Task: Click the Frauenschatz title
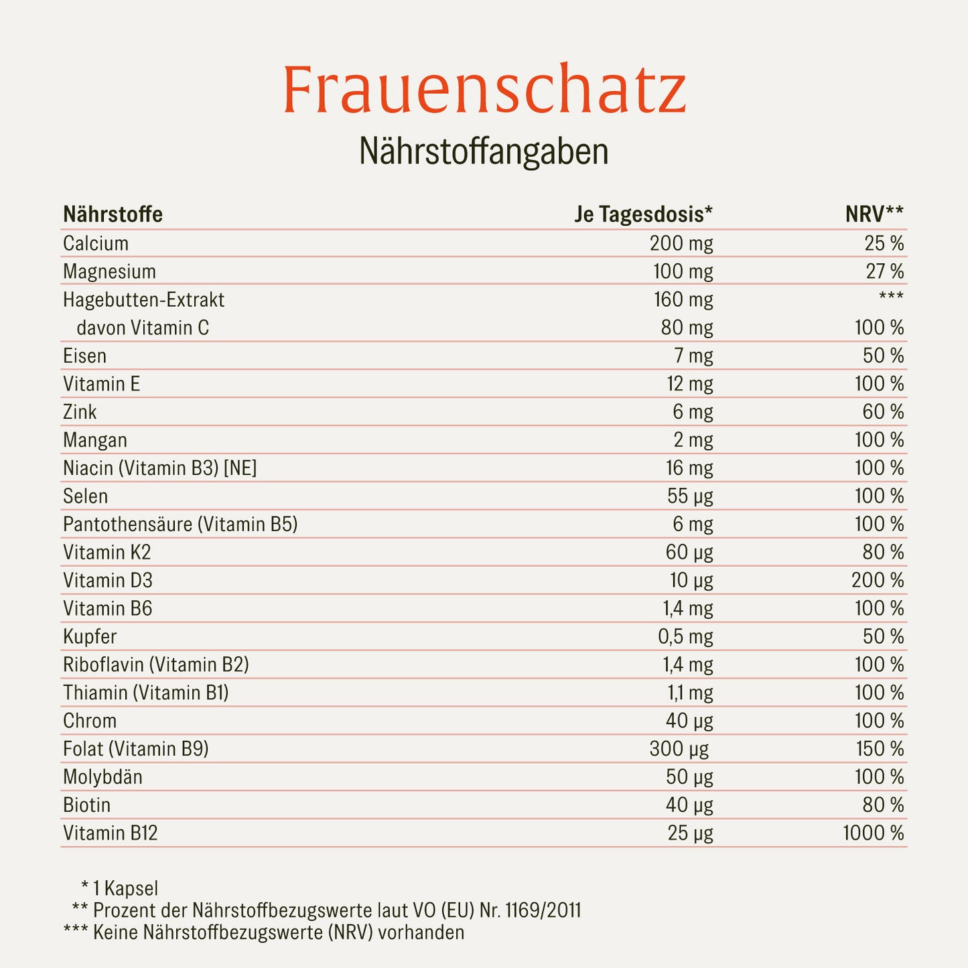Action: (x=484, y=90)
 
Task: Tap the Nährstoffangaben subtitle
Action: (x=484, y=152)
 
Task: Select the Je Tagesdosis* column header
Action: (x=643, y=214)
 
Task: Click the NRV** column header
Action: (x=874, y=214)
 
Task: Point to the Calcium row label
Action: (x=96, y=243)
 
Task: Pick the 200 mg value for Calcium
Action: (x=681, y=243)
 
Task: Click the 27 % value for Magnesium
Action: (x=884, y=271)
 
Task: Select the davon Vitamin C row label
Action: (x=143, y=328)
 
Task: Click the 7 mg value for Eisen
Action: (x=693, y=356)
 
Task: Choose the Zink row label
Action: (x=80, y=412)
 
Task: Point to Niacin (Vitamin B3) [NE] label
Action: (x=159, y=468)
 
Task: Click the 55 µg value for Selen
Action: (x=690, y=496)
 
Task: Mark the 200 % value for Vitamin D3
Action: (x=878, y=581)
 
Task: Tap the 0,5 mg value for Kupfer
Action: (x=685, y=637)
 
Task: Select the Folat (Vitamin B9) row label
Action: (x=135, y=749)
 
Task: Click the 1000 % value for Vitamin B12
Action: (x=873, y=833)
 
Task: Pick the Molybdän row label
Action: (x=102, y=777)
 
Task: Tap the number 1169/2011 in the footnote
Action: (x=543, y=910)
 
